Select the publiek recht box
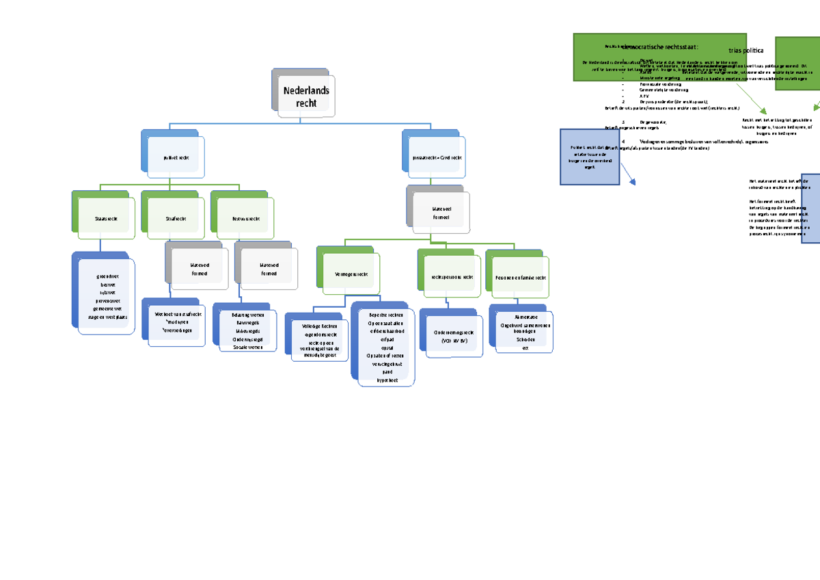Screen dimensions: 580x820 tap(176, 157)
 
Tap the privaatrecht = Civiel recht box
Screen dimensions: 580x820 tap(437, 157)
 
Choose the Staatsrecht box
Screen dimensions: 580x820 tap(107, 218)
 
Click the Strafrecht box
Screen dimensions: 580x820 tap(176, 218)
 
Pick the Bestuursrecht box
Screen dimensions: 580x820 tap(246, 218)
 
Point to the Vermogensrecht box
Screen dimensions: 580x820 tap(351, 273)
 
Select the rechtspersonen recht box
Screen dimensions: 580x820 tap(452, 277)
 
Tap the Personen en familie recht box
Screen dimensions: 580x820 tap(521, 277)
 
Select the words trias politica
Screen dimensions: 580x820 tap(746, 50)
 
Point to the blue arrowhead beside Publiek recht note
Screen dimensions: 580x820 tap(632, 182)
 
